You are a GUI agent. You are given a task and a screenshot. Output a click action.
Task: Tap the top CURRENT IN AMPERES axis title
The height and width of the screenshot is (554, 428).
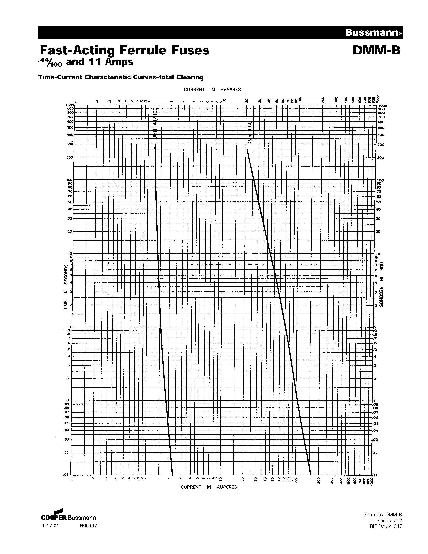click(212, 90)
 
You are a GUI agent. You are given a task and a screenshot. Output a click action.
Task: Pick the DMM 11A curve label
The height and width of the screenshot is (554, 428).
click(250, 133)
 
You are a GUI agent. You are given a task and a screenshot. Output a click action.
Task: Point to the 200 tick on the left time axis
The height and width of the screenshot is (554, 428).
click(70, 157)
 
